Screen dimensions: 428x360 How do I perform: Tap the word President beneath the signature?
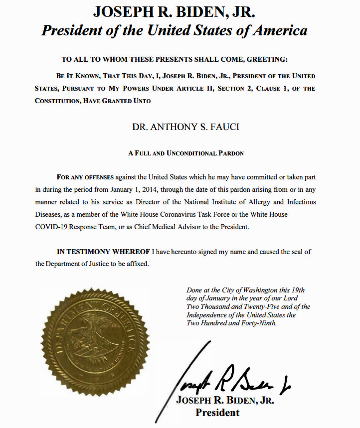pos(217,413)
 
